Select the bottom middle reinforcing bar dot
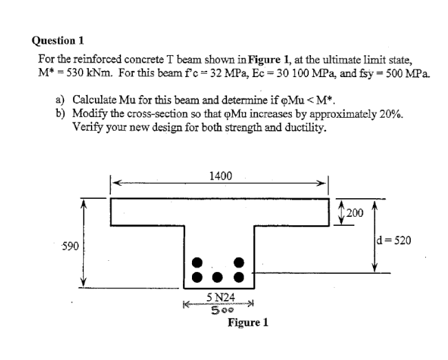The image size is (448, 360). (x=219, y=278)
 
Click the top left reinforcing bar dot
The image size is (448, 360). (x=198, y=263)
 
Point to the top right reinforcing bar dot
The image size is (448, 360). (x=240, y=263)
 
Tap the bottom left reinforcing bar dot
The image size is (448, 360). (x=198, y=278)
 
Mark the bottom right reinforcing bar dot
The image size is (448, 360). (x=240, y=278)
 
